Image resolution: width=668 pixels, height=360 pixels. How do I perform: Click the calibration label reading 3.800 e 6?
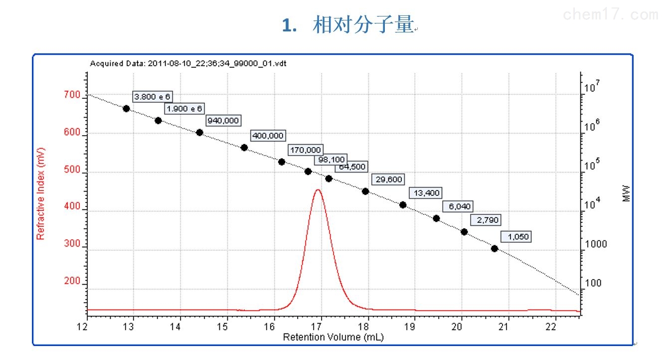pos(153,97)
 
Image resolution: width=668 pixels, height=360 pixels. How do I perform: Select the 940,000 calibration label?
pos(223,121)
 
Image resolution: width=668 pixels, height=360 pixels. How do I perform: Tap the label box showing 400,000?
pos(268,136)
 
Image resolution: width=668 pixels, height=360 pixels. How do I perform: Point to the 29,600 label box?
pos(388,180)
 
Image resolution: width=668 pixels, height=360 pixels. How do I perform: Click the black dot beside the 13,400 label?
pos(403,205)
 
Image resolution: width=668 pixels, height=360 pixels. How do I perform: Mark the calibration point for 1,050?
pos(495,248)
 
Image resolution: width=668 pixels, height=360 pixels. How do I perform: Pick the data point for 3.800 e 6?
pos(126,109)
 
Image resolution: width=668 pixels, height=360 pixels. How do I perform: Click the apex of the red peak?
pos(318,189)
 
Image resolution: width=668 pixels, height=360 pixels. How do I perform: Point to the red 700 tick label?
pos(73,95)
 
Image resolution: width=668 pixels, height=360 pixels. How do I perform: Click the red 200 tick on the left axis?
pos(73,281)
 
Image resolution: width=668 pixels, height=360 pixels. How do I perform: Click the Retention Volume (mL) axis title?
pos(333,337)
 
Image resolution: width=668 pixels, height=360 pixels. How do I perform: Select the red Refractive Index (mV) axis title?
pos(41,193)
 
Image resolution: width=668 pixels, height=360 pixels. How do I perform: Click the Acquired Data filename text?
pos(188,63)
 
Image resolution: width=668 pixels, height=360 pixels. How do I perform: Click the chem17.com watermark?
pos(610,15)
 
